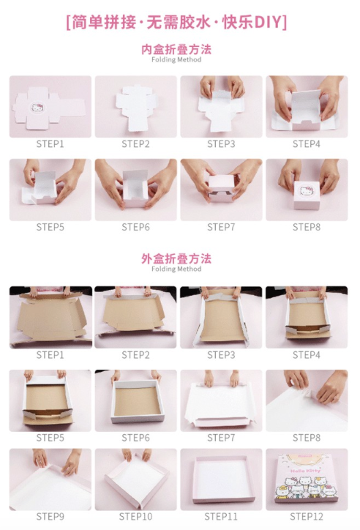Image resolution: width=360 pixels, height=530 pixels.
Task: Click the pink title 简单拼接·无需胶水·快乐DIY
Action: tap(176, 23)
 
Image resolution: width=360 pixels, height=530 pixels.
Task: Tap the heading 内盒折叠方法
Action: tap(176, 49)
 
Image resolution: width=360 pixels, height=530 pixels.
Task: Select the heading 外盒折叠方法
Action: tap(176, 258)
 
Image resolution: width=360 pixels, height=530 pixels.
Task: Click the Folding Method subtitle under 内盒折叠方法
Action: tap(176, 60)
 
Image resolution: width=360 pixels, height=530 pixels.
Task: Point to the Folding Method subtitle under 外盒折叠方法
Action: tap(176, 269)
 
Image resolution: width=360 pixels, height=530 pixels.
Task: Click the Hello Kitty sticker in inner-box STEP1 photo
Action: tap(37, 108)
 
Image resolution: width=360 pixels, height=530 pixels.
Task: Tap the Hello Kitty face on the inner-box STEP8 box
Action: tap(307, 191)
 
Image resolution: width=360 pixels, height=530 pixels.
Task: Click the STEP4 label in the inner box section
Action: tap(307, 144)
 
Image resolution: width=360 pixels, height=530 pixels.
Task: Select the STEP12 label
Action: tap(307, 517)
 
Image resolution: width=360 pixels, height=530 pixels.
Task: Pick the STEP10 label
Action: tap(135, 517)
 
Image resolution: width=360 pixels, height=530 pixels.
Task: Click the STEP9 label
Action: tap(50, 517)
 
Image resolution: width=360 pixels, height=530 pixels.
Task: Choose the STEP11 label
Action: tap(221, 517)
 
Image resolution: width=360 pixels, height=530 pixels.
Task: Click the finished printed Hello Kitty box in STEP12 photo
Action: tap(307, 478)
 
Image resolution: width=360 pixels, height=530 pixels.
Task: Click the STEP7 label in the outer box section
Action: tap(221, 438)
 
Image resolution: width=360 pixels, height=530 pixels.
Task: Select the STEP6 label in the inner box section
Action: tap(135, 227)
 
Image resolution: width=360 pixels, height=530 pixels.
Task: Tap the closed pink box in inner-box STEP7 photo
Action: tap(222, 188)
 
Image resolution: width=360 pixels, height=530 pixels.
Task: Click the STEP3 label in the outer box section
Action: tap(221, 355)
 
